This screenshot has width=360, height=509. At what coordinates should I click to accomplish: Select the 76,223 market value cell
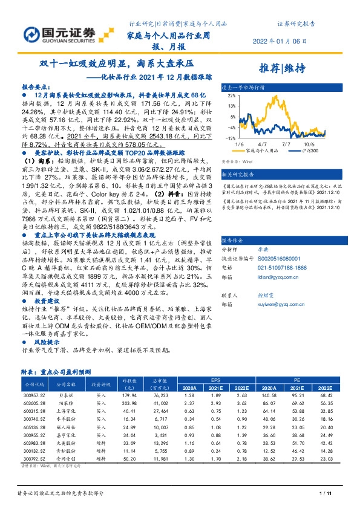[160, 394]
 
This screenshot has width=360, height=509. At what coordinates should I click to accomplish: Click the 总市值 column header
[159, 381]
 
